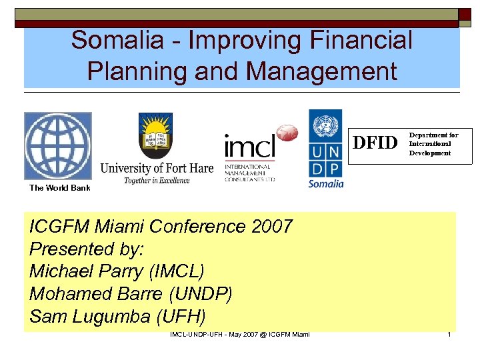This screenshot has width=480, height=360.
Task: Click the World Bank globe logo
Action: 57,145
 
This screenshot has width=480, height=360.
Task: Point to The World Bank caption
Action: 59,188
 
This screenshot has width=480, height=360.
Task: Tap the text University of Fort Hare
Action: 157,168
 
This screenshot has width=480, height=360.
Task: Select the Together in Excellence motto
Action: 157,180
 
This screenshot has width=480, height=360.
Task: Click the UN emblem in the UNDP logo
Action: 325,126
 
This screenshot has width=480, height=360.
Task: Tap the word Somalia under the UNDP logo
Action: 325,183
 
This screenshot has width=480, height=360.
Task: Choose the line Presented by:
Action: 87,249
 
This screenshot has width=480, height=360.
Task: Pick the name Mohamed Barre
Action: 91,295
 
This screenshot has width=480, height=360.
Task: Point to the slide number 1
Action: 449,334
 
